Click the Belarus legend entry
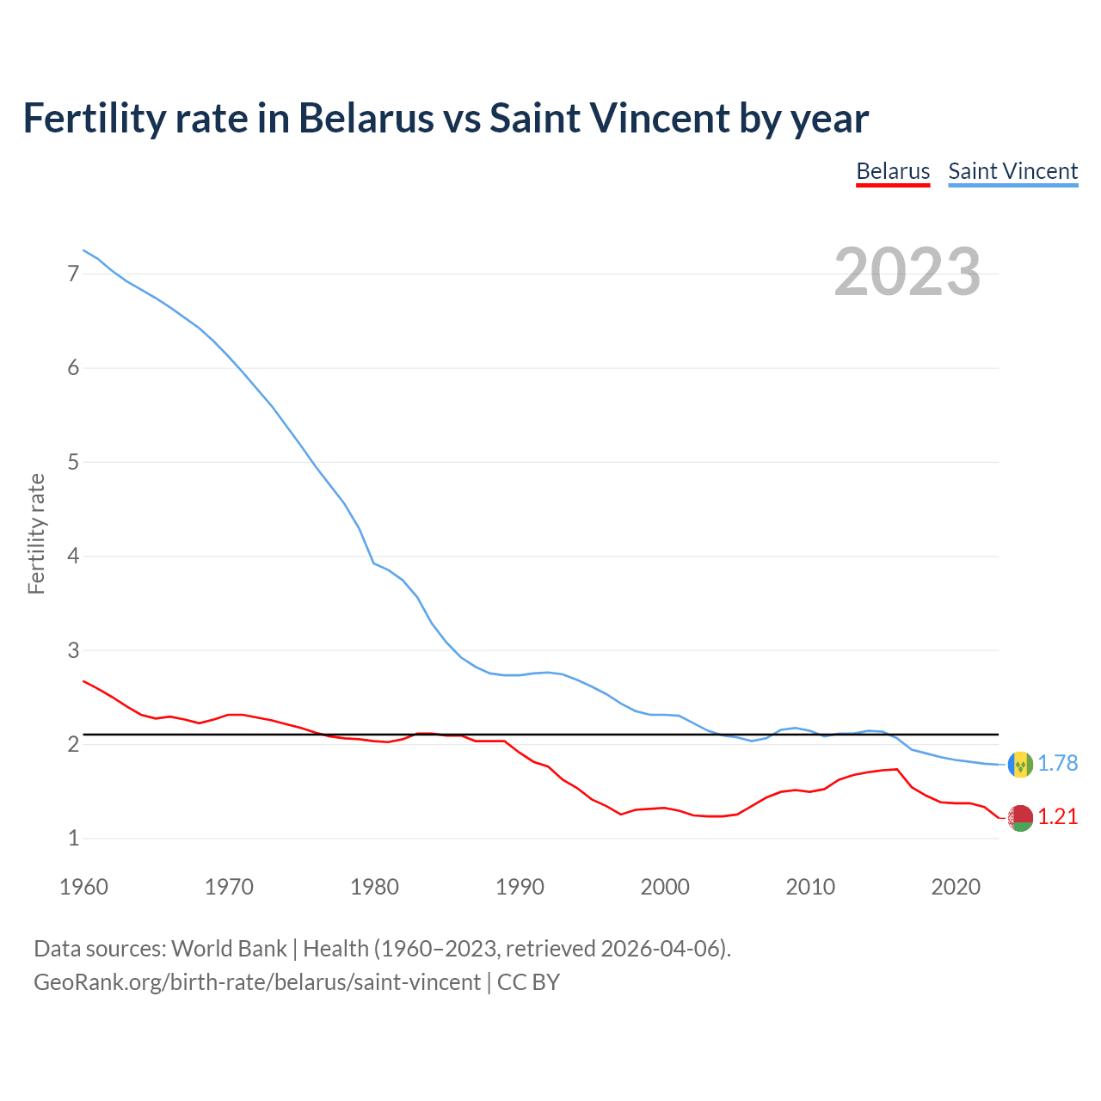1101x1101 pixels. (x=893, y=171)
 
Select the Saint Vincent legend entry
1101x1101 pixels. (x=1012, y=171)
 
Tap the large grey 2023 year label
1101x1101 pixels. (x=907, y=272)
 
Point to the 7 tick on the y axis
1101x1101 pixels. (x=73, y=274)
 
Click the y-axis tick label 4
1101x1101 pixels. (x=73, y=557)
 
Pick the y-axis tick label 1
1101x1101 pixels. (x=73, y=838)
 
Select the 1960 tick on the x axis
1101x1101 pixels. (x=83, y=887)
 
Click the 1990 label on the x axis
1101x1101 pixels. (x=520, y=887)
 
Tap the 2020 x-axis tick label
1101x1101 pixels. (x=956, y=887)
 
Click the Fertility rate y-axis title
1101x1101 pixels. (x=36, y=533)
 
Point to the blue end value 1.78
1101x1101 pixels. (x=1057, y=764)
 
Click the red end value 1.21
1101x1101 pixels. (x=1057, y=817)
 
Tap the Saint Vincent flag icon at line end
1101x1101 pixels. (x=1020, y=764)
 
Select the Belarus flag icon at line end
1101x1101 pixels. (x=1020, y=818)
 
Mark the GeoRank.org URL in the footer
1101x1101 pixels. (x=256, y=982)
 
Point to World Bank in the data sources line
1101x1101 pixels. (x=229, y=949)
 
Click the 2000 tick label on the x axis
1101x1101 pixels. (x=665, y=887)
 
